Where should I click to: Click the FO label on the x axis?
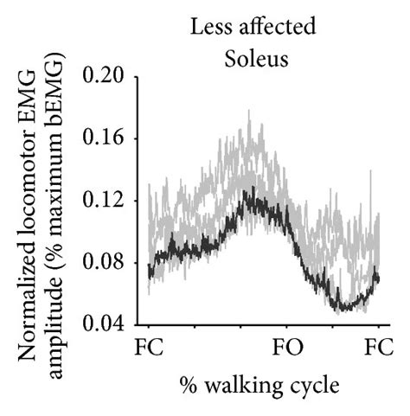[288, 351]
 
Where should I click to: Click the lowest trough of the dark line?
[345, 309]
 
